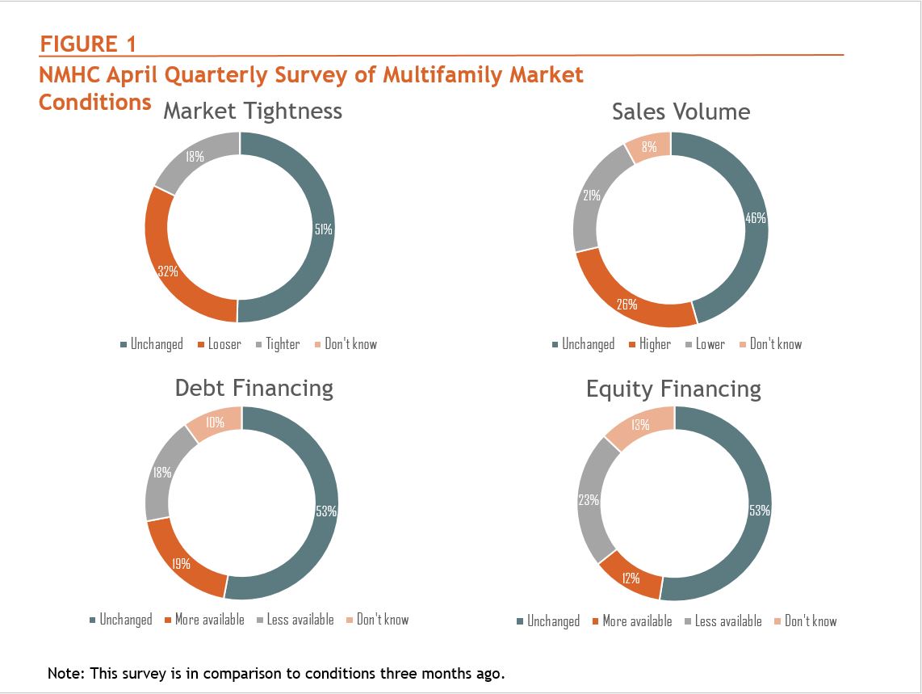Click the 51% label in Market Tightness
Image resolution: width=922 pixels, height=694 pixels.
323,229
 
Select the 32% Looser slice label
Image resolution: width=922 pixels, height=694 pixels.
168,271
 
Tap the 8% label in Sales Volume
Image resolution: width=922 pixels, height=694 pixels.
649,147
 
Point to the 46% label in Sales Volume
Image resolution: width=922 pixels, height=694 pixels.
755,218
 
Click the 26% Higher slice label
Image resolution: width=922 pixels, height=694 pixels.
627,305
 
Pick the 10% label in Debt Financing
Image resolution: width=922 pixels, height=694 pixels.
215,422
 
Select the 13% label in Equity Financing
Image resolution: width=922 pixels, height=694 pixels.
640,425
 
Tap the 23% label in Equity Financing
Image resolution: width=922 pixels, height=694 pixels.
589,500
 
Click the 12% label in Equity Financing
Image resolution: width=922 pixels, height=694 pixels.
631,578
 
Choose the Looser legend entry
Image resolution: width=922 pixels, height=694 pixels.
224,344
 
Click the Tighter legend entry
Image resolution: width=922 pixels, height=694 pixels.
283,344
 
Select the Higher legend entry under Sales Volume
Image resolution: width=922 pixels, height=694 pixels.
655,344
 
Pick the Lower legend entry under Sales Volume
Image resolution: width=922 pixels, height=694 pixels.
710,344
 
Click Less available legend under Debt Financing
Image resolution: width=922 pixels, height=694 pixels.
300,620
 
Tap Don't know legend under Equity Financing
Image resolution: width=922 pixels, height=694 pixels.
810,621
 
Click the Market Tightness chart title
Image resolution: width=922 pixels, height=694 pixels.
253,111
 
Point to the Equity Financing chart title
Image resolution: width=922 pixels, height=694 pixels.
673,389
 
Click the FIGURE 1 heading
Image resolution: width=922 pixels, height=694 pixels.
88,44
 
